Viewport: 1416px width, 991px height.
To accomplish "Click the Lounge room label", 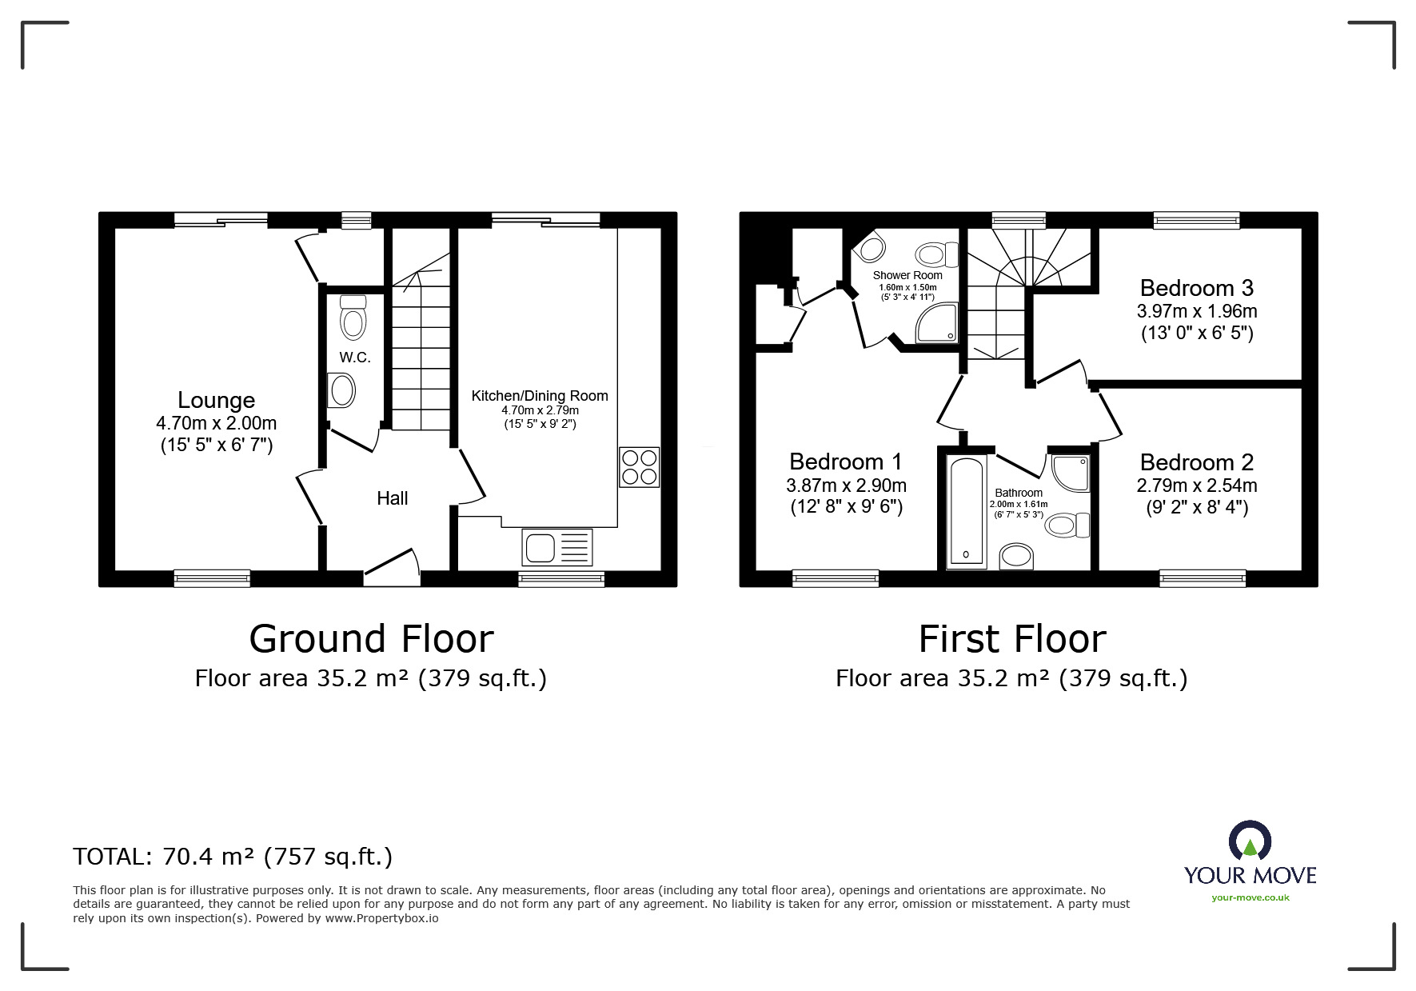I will point(216,401).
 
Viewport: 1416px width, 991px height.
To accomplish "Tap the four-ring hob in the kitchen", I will point(639,467).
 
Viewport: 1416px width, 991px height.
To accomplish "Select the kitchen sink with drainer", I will point(557,548).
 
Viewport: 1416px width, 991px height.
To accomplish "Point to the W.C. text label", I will point(355,358).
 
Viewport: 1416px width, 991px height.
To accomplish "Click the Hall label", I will point(392,498).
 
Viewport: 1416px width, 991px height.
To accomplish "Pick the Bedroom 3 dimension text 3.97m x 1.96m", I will point(1197,311).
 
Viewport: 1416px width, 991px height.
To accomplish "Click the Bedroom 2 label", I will point(1197,462).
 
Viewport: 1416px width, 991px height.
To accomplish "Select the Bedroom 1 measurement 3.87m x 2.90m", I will point(846,486).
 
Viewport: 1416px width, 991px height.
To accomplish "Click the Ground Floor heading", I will point(371,639).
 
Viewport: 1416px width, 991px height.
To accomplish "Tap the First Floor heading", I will point(1011,639).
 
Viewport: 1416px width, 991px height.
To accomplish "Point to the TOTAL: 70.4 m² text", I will point(233,857).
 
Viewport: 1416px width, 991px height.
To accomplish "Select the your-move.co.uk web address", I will point(1250,897).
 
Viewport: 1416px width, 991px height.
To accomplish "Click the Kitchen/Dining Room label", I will point(540,396).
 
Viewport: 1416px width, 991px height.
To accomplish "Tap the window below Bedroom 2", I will point(1202,577).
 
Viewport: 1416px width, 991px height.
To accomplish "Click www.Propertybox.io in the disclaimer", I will point(381,918).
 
